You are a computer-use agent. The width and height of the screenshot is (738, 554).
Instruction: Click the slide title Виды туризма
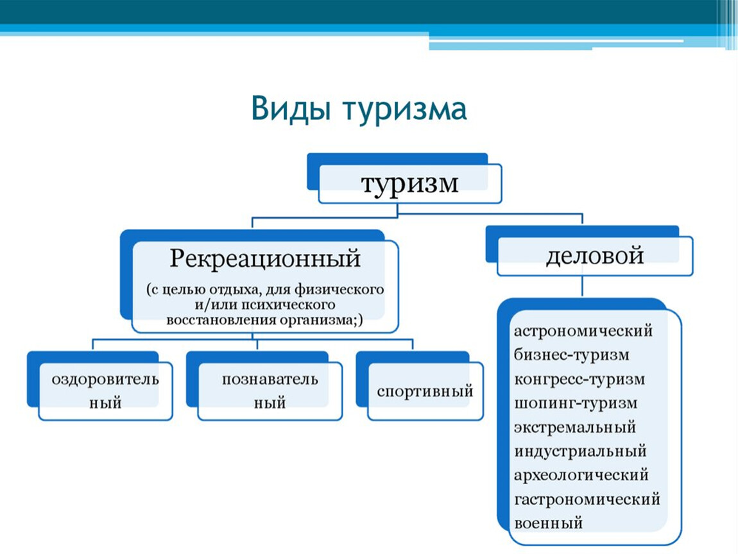(359, 109)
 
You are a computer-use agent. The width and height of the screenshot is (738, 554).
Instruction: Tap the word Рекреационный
(265, 258)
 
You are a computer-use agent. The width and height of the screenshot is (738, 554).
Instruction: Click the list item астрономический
(583, 331)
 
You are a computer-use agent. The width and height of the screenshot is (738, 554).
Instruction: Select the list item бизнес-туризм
(571, 355)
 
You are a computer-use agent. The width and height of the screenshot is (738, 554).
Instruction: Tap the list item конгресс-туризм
(579, 379)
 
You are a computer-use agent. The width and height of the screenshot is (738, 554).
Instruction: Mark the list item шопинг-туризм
(576, 403)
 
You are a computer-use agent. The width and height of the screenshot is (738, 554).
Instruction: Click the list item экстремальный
(575, 428)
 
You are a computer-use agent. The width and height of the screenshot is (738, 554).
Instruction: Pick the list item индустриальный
(580, 451)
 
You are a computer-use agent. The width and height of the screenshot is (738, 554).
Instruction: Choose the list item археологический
(581, 476)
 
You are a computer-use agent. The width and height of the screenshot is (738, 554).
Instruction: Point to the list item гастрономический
(587, 499)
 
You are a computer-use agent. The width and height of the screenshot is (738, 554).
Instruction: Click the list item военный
(548, 523)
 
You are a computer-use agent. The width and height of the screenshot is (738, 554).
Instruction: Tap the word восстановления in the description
(221, 320)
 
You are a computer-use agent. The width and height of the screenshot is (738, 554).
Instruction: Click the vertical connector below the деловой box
(583, 286)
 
